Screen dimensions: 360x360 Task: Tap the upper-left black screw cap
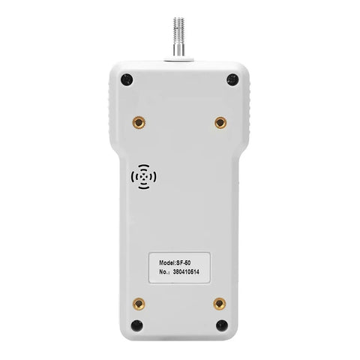127,80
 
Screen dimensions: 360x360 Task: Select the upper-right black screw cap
232,80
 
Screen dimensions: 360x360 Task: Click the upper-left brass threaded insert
139,123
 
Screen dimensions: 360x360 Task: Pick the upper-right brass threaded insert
220,123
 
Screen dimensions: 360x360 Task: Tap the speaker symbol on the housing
144,177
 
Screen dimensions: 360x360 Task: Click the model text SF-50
184,262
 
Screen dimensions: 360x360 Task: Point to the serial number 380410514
186,272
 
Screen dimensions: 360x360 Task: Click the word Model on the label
166,262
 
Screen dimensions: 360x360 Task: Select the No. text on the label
164,272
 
